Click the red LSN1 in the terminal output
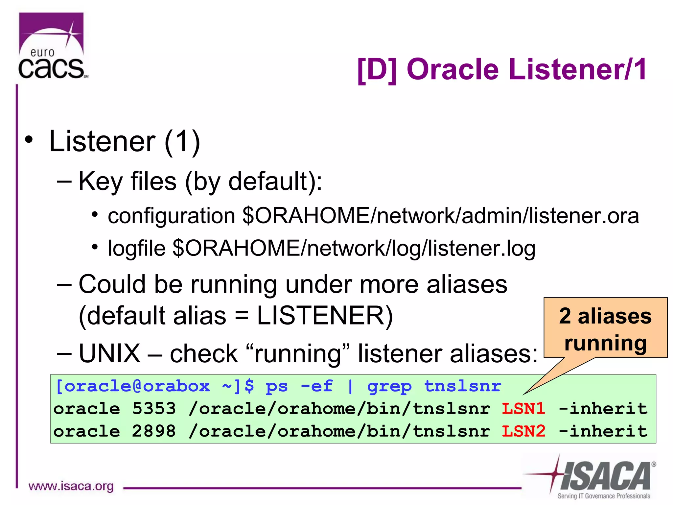(x=523, y=409)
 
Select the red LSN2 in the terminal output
(x=523, y=431)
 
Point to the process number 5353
(x=154, y=409)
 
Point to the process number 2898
(x=154, y=431)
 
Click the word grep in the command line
(x=389, y=387)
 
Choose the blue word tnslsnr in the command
(x=462, y=386)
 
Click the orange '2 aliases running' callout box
(x=605, y=328)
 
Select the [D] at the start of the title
(x=377, y=69)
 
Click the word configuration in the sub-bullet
(x=171, y=216)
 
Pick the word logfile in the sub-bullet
(x=136, y=249)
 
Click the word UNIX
(x=109, y=353)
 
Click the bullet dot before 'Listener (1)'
(x=29, y=139)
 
